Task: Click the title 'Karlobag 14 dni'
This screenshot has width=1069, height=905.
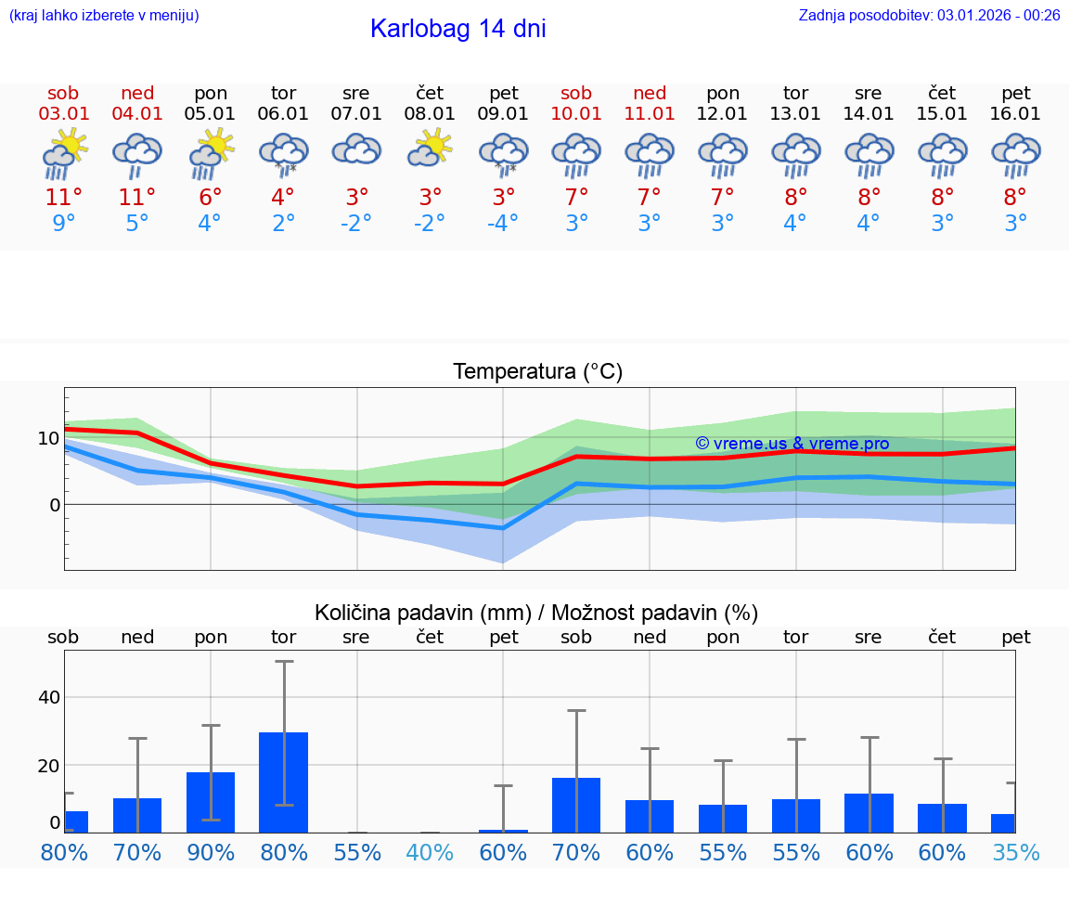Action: (457, 29)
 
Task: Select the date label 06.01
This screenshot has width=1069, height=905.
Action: (283, 114)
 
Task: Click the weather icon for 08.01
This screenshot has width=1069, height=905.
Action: (430, 149)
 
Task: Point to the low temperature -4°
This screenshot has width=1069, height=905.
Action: (503, 224)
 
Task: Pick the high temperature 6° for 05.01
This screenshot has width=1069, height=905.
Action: (211, 198)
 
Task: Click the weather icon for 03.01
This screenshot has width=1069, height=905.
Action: (64, 152)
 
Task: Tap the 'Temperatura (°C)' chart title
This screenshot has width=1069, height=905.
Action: (537, 372)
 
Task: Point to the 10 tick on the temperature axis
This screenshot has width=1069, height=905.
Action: (48, 438)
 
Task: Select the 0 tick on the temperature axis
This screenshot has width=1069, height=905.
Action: (55, 505)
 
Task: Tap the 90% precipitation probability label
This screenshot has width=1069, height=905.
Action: (211, 853)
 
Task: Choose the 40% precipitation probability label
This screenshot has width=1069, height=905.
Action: (430, 853)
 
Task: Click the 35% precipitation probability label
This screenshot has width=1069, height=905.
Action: (1015, 853)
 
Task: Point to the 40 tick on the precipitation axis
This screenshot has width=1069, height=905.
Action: (49, 697)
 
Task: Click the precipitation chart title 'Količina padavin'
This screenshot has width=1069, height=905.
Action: (535, 613)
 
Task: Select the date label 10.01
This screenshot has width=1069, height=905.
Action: (576, 114)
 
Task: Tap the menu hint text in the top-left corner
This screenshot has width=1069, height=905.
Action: (104, 15)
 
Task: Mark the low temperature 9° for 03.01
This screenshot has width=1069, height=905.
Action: (64, 224)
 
